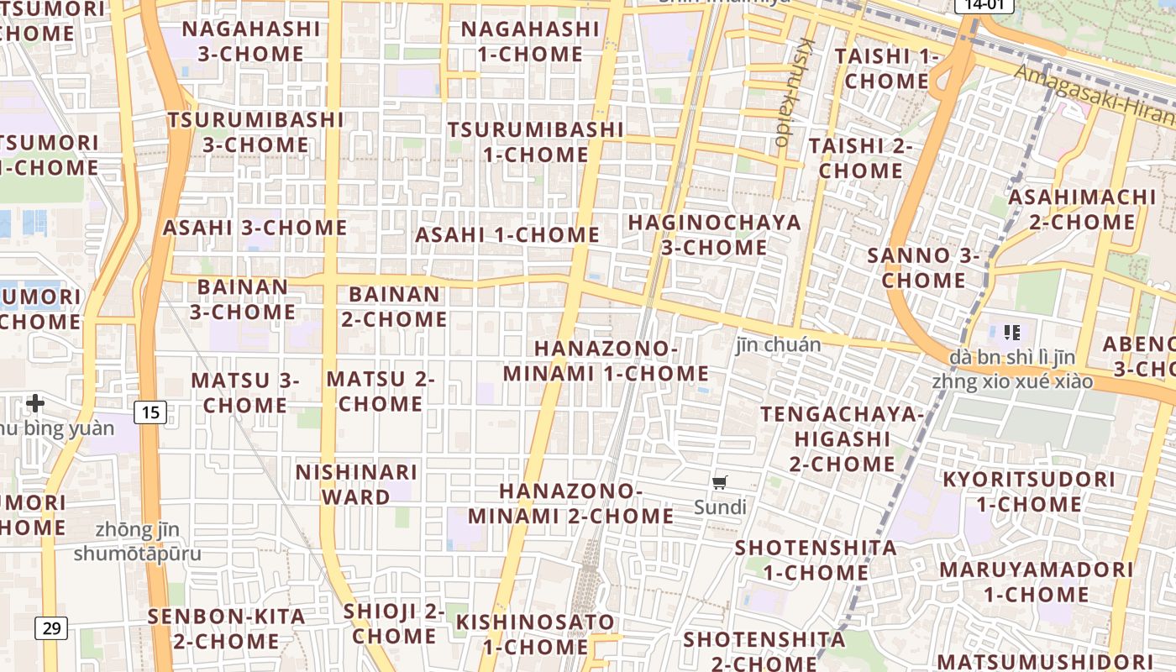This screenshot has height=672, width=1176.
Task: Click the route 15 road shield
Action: pyautogui.click(x=150, y=412)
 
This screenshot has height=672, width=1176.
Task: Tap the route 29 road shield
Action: pyautogui.click(x=51, y=627)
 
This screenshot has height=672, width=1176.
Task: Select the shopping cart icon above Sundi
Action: pyautogui.click(x=719, y=482)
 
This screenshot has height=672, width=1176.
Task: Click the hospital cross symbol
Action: pyautogui.click(x=35, y=403)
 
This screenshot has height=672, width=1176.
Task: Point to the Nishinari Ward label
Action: pyautogui.click(x=356, y=485)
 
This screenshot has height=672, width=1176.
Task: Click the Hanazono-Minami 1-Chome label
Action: pyautogui.click(x=606, y=360)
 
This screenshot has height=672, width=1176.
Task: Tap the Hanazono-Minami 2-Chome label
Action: pyautogui.click(x=571, y=503)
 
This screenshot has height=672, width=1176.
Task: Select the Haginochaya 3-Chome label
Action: pyautogui.click(x=714, y=235)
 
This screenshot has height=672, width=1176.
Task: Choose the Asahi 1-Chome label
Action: pyautogui.click(x=507, y=235)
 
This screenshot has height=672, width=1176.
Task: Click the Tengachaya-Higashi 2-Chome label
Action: pyautogui.click(x=842, y=438)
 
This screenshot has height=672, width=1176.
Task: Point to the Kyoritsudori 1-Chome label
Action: pyautogui.click(x=1028, y=492)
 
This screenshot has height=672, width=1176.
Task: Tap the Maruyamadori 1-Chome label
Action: pyautogui.click(x=1036, y=582)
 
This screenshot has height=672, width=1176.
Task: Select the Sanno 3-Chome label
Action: pyautogui.click(x=923, y=268)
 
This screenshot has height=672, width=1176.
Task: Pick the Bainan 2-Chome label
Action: pyautogui.click(x=394, y=307)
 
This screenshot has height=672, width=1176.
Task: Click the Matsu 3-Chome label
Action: pyautogui.click(x=245, y=392)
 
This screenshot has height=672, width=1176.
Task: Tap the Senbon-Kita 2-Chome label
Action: pyautogui.click(x=227, y=628)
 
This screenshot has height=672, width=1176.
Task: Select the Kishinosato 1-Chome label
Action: pyautogui.click(x=535, y=634)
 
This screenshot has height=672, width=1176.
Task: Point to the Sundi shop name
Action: pyautogui.click(x=720, y=507)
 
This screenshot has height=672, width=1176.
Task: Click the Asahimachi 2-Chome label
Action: pyautogui.click(x=1082, y=210)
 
